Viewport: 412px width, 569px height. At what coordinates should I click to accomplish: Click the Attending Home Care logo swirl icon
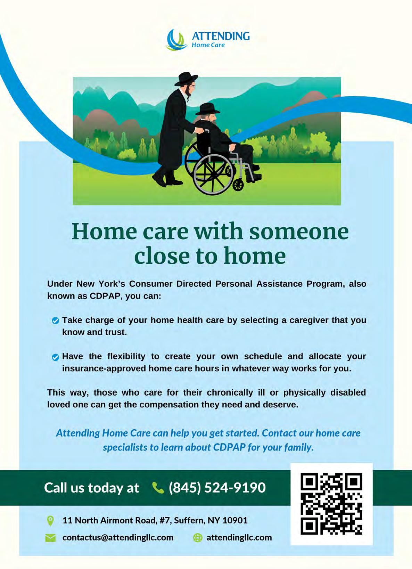175,40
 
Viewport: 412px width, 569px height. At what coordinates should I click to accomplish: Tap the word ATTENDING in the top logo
221,36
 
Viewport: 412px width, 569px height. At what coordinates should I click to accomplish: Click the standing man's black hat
186,79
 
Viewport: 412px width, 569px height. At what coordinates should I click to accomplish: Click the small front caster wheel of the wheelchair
238,185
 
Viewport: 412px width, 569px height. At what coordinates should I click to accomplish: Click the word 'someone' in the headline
298,231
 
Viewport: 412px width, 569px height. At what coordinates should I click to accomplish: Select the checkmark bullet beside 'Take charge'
55,321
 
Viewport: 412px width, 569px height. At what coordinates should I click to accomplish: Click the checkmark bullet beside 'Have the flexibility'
55,357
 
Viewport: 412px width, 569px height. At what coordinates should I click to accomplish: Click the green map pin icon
50,521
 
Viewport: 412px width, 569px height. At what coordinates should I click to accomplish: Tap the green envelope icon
50,538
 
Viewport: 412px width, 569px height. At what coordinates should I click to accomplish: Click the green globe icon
198,537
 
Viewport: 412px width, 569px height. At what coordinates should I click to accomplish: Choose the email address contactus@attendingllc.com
118,537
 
